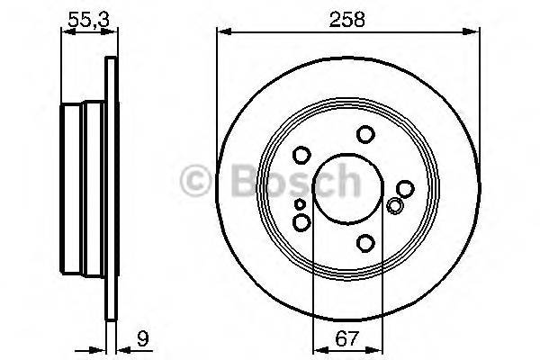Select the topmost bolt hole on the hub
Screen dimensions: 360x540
click(364, 134)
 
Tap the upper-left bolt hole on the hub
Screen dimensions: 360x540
click(301, 155)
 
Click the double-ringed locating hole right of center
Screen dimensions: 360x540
click(393, 206)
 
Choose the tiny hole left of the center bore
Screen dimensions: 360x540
click(300, 205)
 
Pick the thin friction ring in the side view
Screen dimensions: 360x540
click(112, 189)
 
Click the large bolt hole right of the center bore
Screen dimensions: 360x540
click(405, 189)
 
